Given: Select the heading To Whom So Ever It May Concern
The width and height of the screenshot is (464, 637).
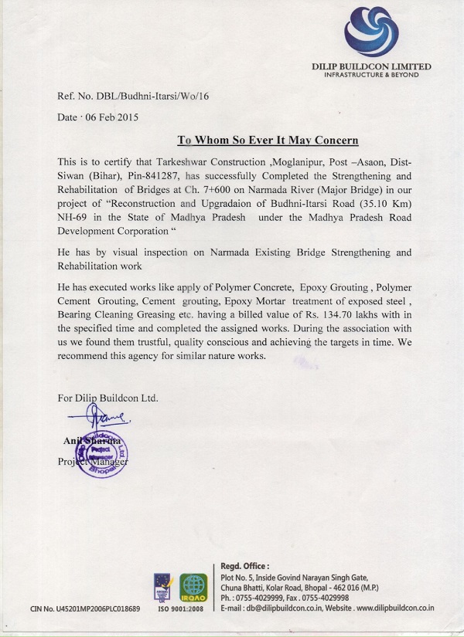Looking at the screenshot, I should tap(268, 141).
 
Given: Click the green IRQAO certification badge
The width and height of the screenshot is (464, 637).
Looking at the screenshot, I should tap(193, 588).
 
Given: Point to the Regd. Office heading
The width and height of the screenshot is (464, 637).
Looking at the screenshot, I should tap(247, 566).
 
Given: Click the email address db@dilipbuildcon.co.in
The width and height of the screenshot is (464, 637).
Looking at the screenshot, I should tap(292, 608).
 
